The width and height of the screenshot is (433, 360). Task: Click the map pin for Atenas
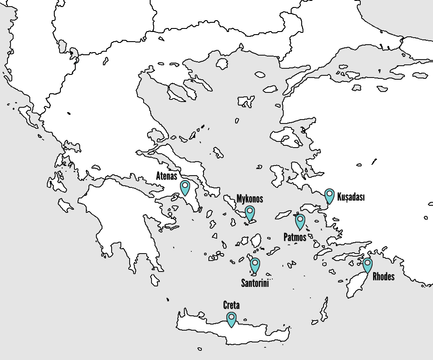click(185, 187)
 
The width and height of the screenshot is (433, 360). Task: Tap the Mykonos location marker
click(250, 212)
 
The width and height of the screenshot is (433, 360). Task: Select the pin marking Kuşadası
click(329, 195)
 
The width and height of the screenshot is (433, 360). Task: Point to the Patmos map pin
click(300, 221)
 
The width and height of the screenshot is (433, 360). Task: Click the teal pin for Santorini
click(255, 264)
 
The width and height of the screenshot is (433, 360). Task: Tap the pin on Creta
click(231, 318)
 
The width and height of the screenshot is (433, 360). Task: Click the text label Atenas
click(167, 176)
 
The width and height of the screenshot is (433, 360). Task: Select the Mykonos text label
click(250, 199)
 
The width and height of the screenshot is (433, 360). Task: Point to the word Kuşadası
click(351, 197)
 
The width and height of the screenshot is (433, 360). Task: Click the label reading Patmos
click(295, 236)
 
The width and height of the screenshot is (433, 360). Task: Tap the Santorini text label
click(255, 283)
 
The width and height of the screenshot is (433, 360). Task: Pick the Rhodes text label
click(384, 276)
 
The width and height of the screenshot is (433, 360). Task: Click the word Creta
click(232, 305)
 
